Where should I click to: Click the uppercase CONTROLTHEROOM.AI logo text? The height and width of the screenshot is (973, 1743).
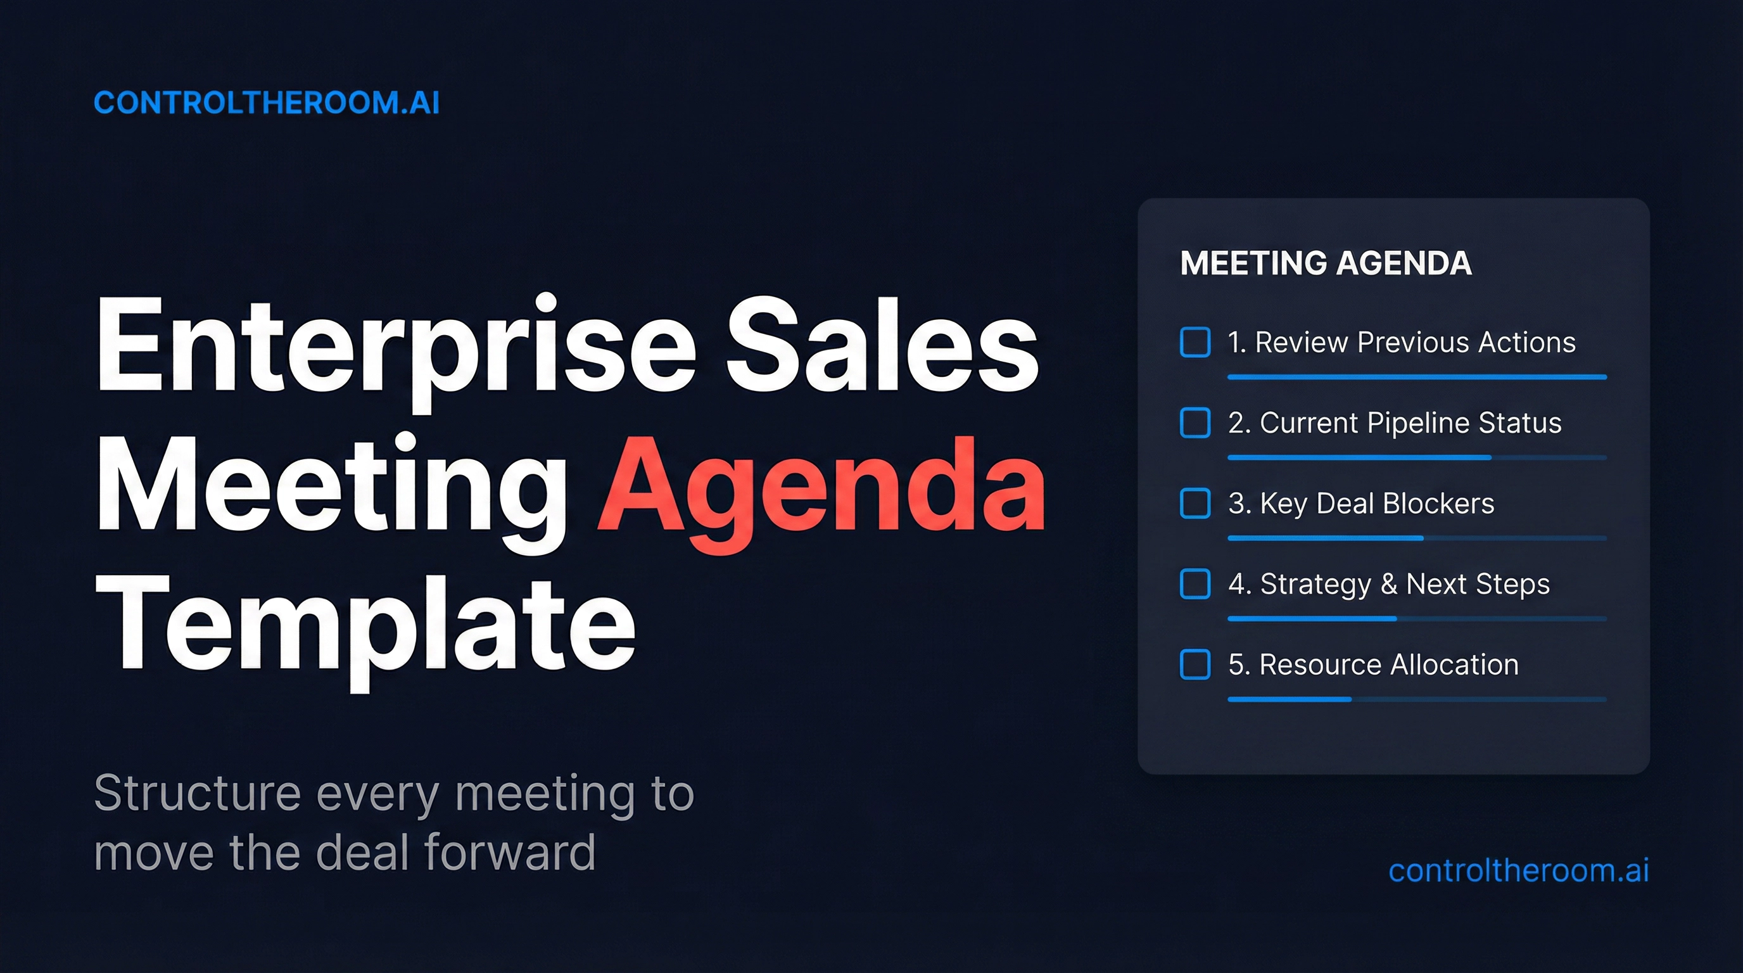(267, 103)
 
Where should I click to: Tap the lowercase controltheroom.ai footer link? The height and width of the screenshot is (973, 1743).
(1518, 870)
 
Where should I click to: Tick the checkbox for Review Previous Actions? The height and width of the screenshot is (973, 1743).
(1195, 341)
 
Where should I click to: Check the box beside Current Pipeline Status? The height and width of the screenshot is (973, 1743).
(1195, 423)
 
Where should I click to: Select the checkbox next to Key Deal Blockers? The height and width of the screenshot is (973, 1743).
(1195, 504)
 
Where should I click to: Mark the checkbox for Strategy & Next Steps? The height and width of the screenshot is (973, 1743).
(1195, 584)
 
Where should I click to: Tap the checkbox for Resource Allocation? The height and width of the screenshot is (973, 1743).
(1195, 665)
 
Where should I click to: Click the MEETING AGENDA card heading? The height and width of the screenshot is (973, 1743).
(1326, 264)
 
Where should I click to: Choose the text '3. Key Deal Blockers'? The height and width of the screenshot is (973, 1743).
(1360, 504)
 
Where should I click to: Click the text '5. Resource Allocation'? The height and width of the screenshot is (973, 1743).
(1373, 665)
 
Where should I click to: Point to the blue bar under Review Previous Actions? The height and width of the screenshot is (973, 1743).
(1416, 377)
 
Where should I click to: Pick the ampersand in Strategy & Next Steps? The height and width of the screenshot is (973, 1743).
(1389, 584)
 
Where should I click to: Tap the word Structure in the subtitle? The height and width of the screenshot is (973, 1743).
(198, 793)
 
